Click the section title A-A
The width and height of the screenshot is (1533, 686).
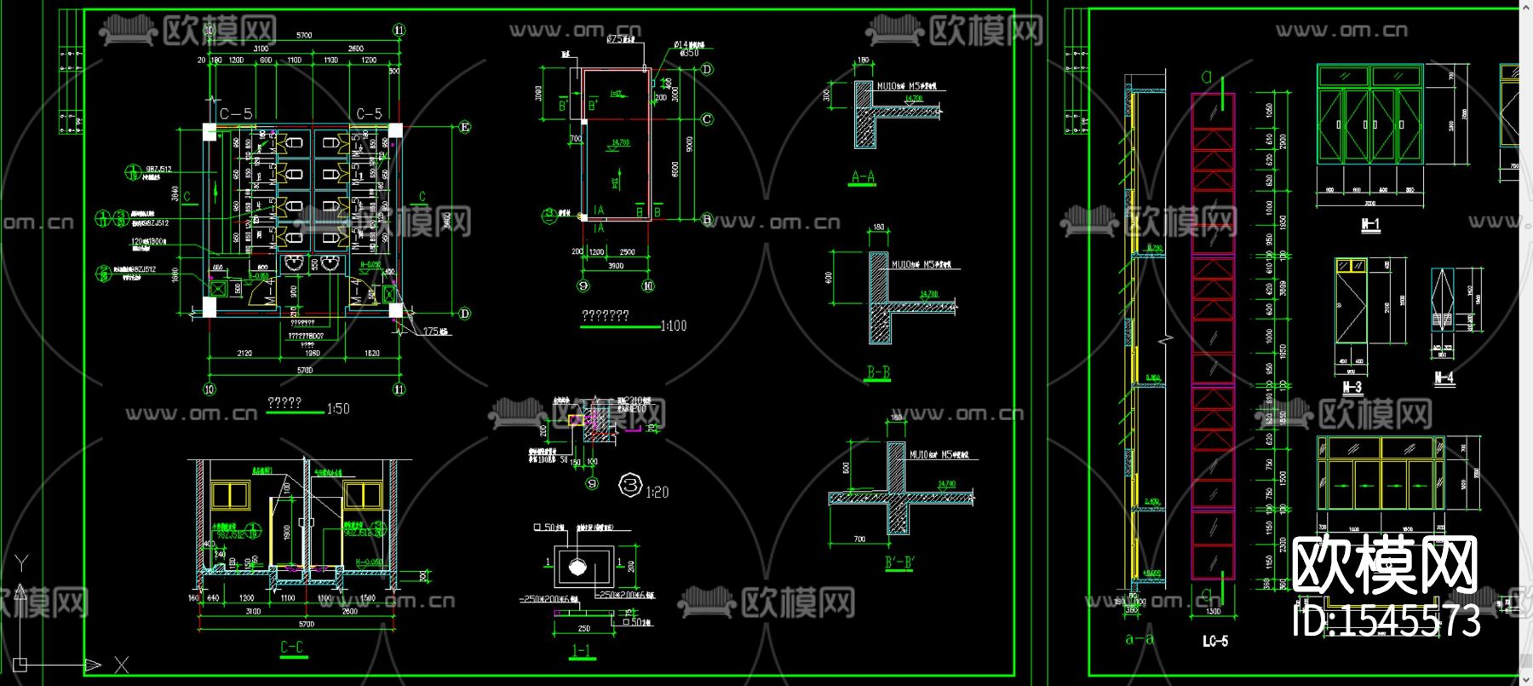pyautogui.click(x=863, y=178)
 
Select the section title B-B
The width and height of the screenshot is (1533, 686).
pyautogui.click(x=878, y=372)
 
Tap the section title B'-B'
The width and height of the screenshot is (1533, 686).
pyautogui.click(x=899, y=562)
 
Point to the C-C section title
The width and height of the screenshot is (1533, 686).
pyautogui.click(x=292, y=648)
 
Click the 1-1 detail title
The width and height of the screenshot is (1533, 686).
pyautogui.click(x=581, y=651)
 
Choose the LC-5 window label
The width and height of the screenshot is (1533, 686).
pyautogui.click(x=1214, y=641)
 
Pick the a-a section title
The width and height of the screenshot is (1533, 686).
pyautogui.click(x=1139, y=638)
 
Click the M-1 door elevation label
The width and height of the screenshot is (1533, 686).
pyautogui.click(x=1369, y=226)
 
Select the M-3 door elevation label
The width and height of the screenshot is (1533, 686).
pyautogui.click(x=1352, y=388)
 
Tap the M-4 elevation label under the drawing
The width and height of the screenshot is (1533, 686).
pyautogui.click(x=1444, y=378)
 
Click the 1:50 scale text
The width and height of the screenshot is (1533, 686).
pyautogui.click(x=338, y=409)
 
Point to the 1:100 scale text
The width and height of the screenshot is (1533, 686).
pyautogui.click(x=674, y=326)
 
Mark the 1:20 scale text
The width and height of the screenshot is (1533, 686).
pyautogui.click(x=657, y=492)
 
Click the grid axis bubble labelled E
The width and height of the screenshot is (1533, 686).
pyautogui.click(x=465, y=127)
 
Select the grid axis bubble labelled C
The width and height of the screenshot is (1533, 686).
pyautogui.click(x=706, y=119)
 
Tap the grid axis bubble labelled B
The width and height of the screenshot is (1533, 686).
pyautogui.click(x=706, y=219)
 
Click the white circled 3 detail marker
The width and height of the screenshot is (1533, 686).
pyautogui.click(x=630, y=486)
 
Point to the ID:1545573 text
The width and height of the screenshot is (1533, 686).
pyautogui.click(x=1386, y=620)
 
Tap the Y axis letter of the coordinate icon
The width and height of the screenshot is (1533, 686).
pyautogui.click(x=22, y=562)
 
